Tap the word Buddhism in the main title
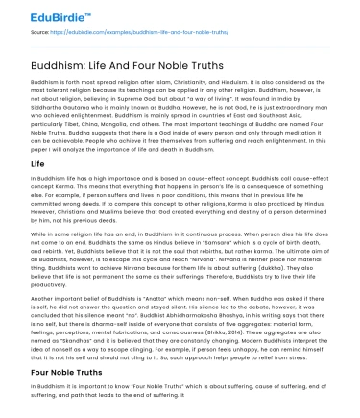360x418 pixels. click(x=47, y=64)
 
